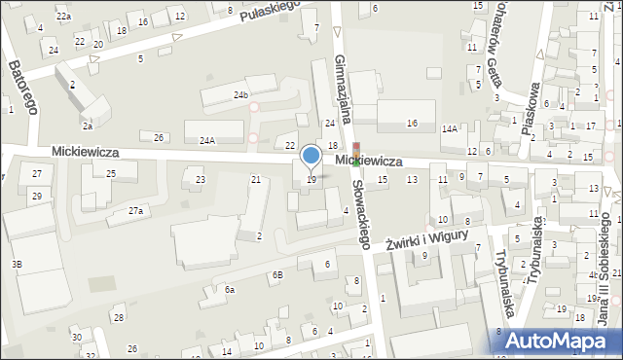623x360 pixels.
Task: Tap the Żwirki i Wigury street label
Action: tap(428, 238)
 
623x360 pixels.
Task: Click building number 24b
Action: tap(240, 94)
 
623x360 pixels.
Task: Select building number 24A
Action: tap(207, 140)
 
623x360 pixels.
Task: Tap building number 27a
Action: tap(136, 210)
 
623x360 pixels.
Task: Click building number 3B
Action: tap(16, 265)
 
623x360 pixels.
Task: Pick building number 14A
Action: tap(449, 128)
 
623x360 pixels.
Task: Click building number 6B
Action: tap(277, 275)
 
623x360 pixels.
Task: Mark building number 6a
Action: tap(230, 290)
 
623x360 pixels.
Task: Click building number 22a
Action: tap(63, 17)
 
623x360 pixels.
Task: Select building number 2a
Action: tap(87, 126)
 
